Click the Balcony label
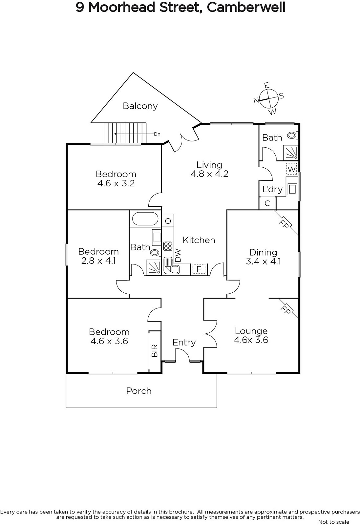point(140,106)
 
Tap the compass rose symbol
point(269,98)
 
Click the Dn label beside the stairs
point(157,134)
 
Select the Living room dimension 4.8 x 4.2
point(209,174)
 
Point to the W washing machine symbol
point(291,169)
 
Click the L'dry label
point(272,189)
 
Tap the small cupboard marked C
point(267,203)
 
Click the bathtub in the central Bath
point(145,219)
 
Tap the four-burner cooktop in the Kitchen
point(168,246)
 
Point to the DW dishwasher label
point(178,255)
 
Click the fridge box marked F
point(199,269)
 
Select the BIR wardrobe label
point(155,350)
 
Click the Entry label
point(184,343)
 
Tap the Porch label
point(139,391)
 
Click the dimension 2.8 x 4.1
point(98,261)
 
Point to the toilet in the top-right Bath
point(291,135)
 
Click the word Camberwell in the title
point(246,7)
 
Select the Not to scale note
point(333,522)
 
